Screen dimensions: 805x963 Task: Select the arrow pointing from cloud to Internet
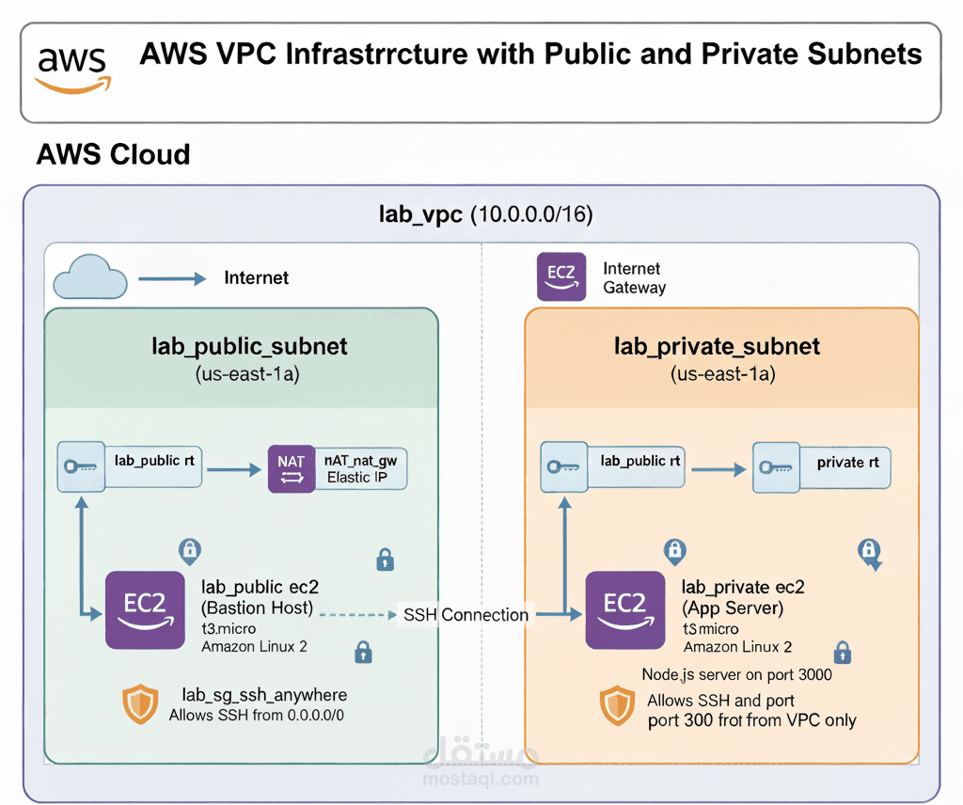click(172, 278)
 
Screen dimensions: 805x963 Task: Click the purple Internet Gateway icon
click(560, 276)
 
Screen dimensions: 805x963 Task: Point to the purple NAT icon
click(292, 467)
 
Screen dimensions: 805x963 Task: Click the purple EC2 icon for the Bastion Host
click(144, 608)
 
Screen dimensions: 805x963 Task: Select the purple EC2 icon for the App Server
click(624, 608)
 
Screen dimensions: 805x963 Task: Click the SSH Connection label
click(466, 615)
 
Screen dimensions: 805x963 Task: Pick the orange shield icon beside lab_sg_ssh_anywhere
click(140, 704)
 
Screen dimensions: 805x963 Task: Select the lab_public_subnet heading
click(249, 346)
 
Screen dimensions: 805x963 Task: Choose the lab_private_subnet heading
click(717, 346)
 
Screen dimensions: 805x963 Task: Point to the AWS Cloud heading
click(113, 154)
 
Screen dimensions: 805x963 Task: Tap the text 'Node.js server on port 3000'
click(736, 674)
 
